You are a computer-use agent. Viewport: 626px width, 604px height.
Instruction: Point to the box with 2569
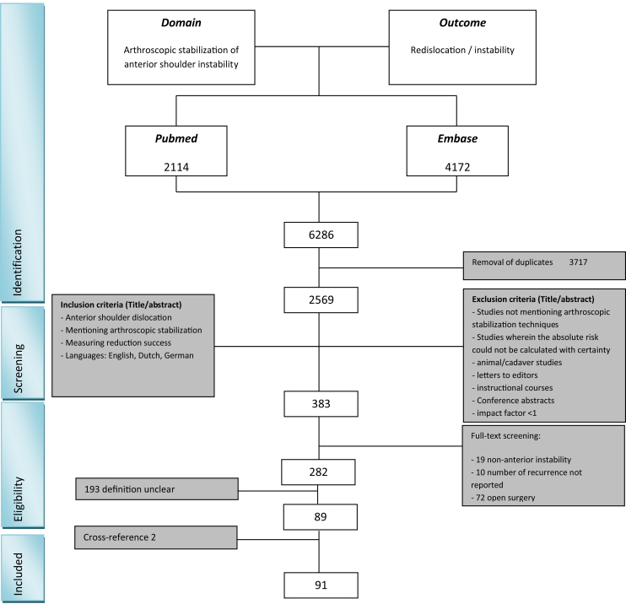point(320,297)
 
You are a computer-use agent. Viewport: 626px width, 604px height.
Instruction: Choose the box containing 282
point(320,470)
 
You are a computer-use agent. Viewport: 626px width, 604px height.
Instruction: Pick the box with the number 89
point(320,515)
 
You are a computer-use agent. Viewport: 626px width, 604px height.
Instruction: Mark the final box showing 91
point(320,583)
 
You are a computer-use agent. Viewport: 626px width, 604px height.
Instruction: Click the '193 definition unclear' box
point(134,488)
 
